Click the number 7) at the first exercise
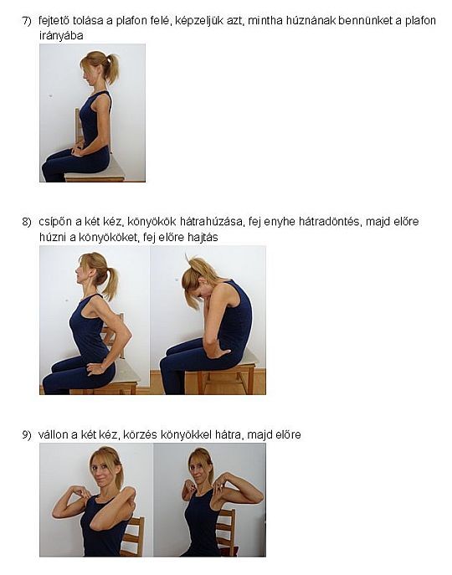[x=27, y=20]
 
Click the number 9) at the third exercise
[x=27, y=434]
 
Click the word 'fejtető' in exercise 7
[x=56, y=20]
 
